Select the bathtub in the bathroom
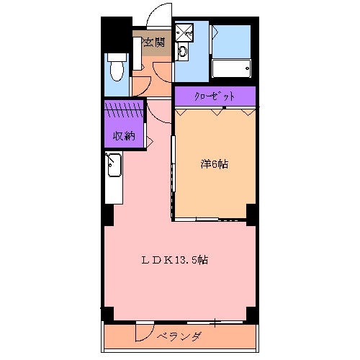(231, 68)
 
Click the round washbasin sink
(181, 51)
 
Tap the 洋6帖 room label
(214, 164)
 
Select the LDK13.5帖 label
(179, 260)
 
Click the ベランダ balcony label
(179, 337)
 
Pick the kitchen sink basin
(113, 167)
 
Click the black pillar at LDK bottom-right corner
(251, 313)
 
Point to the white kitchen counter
(113, 180)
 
